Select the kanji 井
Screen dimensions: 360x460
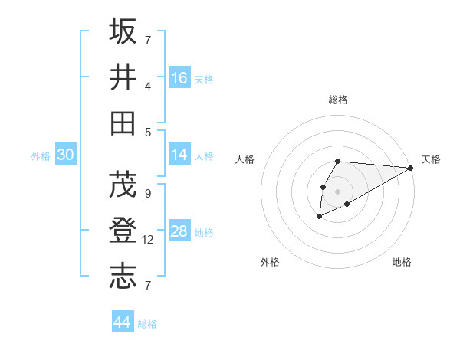[x=123, y=77]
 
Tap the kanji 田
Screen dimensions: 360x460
[x=123, y=121]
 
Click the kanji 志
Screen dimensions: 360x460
[x=123, y=275]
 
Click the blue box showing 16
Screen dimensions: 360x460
[x=179, y=78]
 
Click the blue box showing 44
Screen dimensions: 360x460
[x=122, y=322]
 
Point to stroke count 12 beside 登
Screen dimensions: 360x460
[x=148, y=240]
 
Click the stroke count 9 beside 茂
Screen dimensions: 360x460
[x=148, y=194]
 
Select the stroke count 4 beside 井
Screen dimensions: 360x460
[x=148, y=86]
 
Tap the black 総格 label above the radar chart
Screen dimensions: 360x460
[x=338, y=100]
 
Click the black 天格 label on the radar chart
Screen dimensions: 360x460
[x=432, y=159]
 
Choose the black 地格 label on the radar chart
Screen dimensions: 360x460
[x=402, y=263]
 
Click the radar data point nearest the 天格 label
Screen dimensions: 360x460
[x=411, y=168]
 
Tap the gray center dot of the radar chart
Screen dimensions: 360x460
[x=337, y=190]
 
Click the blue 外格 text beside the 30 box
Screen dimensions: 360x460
[x=41, y=156]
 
